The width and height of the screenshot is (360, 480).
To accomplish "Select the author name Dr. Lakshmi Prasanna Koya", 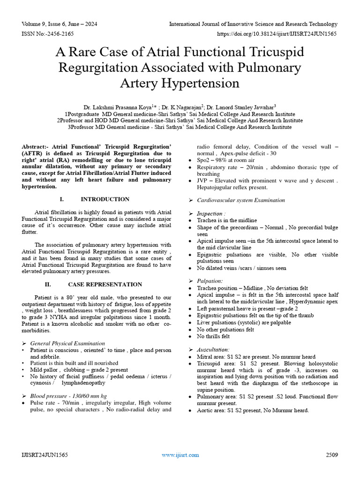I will pyautogui.click(x=120, y=107).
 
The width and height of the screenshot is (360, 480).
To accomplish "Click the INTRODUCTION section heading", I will pyautogui.click(x=105, y=199).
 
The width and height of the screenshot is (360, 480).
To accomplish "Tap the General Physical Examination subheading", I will pyautogui.click(x=67, y=343).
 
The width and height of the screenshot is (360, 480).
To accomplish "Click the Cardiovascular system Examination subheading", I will pyautogui.click(x=241, y=200).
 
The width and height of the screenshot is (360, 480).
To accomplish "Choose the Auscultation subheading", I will pyautogui.click(x=213, y=350).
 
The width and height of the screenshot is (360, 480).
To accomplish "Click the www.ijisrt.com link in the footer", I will pyautogui.click(x=180, y=455).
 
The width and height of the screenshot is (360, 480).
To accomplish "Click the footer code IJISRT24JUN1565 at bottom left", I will pyautogui.click(x=45, y=455).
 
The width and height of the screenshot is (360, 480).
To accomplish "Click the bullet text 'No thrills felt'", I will pyautogui.click(x=213, y=337).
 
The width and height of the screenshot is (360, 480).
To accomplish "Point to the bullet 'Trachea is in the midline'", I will pyautogui.click(x=227, y=220).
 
